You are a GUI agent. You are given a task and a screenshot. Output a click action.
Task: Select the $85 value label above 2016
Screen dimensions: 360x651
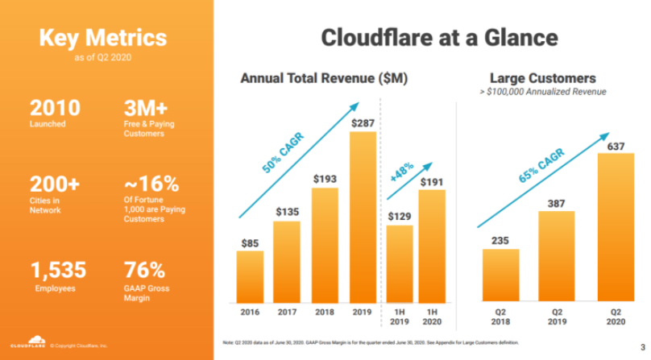(249, 241)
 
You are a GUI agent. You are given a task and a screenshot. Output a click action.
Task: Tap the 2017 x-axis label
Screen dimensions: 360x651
(287, 312)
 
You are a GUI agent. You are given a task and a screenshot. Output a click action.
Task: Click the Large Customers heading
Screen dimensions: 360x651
(542, 78)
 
